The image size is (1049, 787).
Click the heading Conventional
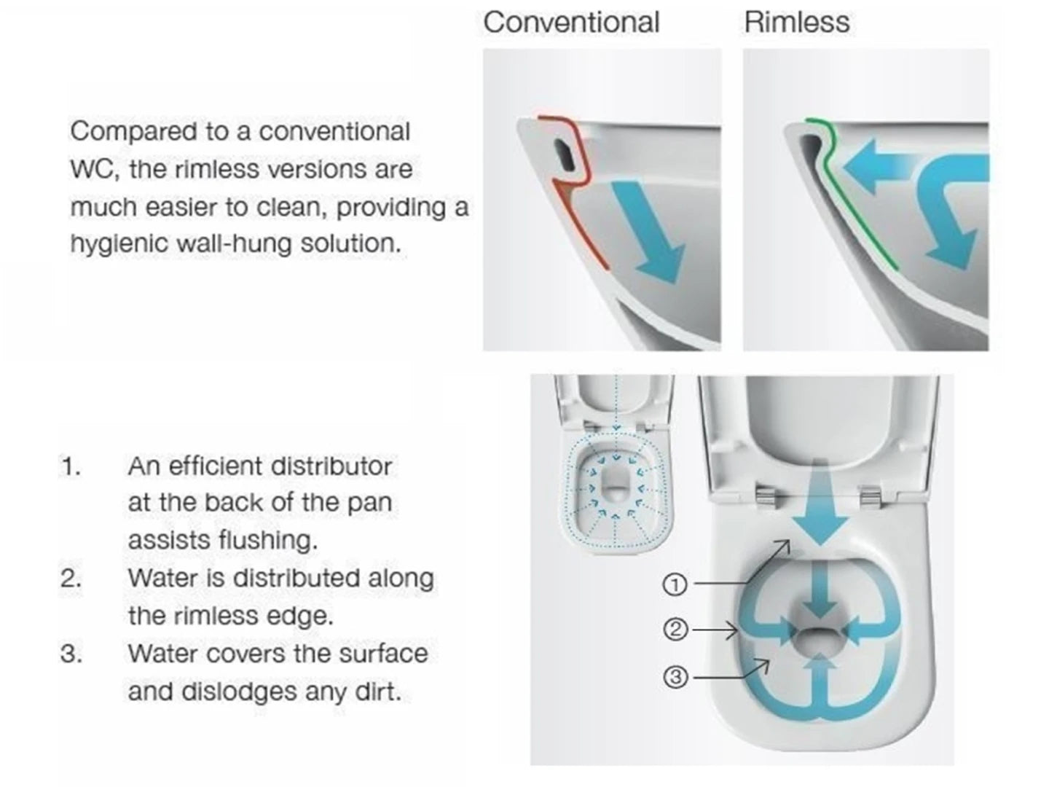[571, 22]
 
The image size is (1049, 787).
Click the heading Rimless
[796, 22]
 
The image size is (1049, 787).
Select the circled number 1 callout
[675, 584]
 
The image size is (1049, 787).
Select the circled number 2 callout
[675, 629]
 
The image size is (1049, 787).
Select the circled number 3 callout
[675, 678]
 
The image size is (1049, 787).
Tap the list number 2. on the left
[71, 579]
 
